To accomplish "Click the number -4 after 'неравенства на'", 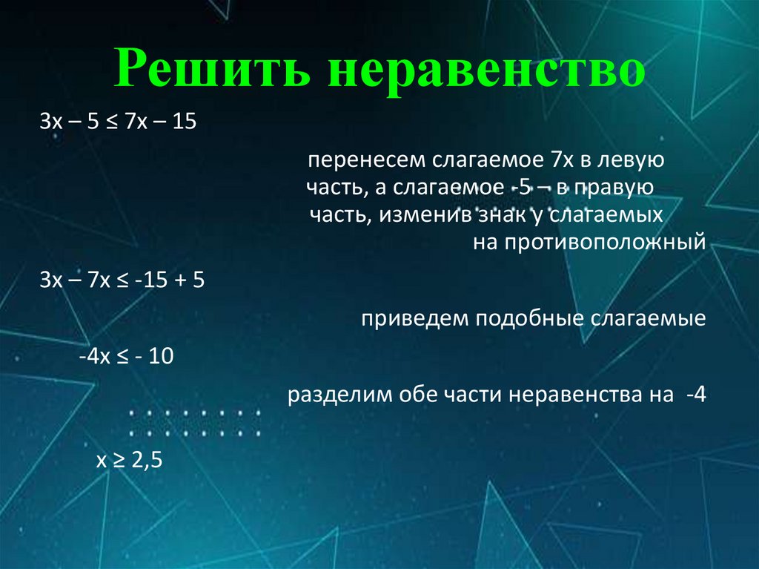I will (x=696, y=395).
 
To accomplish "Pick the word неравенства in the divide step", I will (x=569, y=395).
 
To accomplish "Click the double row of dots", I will (x=195, y=422).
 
